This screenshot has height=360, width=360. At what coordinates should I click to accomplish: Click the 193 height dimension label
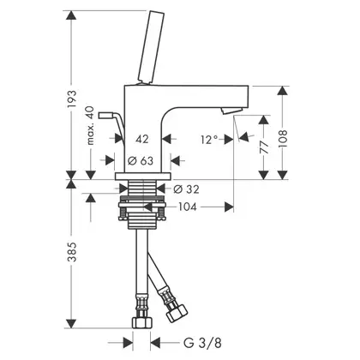(x=72, y=99)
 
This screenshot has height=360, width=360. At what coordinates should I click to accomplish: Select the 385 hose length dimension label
(x=72, y=252)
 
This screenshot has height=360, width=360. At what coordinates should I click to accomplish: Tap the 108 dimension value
(x=283, y=139)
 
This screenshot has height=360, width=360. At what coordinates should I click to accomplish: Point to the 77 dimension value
(x=264, y=147)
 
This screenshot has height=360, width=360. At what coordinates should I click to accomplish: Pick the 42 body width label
(x=142, y=139)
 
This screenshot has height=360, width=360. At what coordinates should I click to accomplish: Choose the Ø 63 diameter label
(x=141, y=160)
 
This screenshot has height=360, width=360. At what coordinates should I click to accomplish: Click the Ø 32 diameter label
(x=186, y=189)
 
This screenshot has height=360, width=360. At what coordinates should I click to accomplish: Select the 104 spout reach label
(x=188, y=207)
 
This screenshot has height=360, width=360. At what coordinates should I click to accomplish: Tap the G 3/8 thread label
(x=202, y=343)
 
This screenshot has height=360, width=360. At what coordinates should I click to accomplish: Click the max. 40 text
(x=90, y=125)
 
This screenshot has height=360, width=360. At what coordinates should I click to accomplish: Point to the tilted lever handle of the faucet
(x=151, y=47)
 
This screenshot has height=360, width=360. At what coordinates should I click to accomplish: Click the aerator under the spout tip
(x=232, y=111)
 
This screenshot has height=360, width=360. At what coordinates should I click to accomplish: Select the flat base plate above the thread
(x=143, y=177)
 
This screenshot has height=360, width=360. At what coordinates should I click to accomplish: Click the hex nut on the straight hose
(x=141, y=322)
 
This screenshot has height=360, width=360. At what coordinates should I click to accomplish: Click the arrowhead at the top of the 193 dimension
(x=71, y=15)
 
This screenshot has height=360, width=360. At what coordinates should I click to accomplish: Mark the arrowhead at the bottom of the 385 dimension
(x=71, y=323)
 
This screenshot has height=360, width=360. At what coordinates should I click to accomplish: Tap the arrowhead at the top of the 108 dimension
(x=283, y=91)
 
